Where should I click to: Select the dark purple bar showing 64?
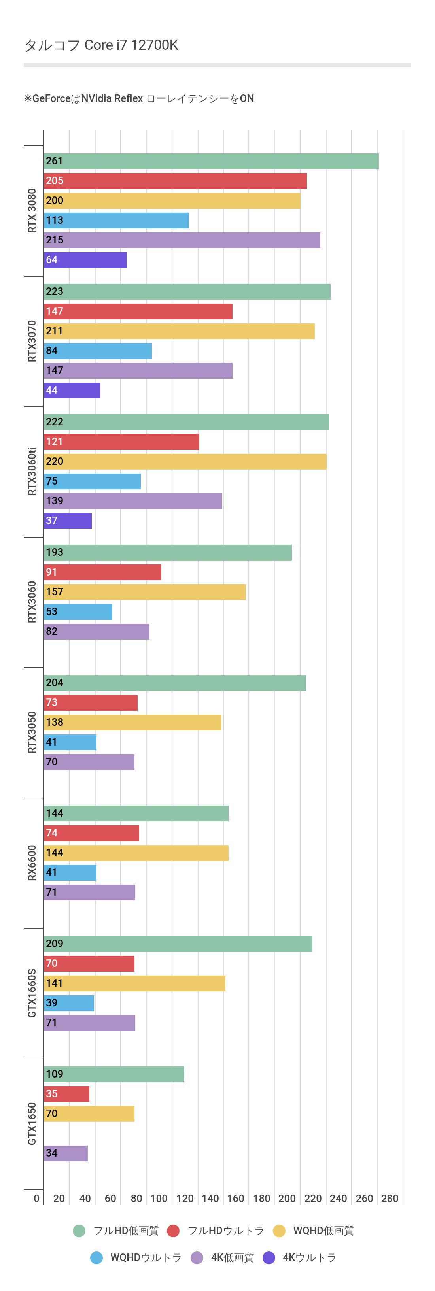[85, 260]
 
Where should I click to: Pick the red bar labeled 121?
[121, 442]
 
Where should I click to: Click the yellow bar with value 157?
[145, 592]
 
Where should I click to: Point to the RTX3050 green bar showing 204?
[175, 683]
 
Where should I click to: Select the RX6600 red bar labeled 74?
[91, 833]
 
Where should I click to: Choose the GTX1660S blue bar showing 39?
[69, 1003]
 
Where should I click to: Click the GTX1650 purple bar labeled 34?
[66, 1153]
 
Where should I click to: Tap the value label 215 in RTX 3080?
[55, 240]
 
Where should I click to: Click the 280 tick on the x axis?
[390, 1198]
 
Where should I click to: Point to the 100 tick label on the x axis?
[159, 1198]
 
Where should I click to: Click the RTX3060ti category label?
[32, 472]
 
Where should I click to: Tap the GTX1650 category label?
[32, 1124]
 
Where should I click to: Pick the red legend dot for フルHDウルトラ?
[173, 1231]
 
